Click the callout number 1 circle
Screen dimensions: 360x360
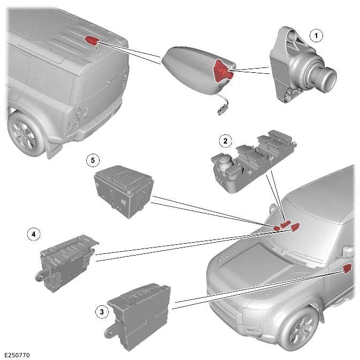[x=317, y=36]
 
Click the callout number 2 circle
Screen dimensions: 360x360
[x=226, y=141]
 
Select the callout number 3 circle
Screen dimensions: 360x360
[x=100, y=311]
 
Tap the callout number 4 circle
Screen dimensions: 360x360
[x=33, y=234]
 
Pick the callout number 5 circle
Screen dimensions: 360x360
[x=93, y=160]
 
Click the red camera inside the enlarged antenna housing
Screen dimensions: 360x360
[x=222, y=71]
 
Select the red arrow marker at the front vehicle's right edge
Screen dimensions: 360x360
[x=346, y=268]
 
